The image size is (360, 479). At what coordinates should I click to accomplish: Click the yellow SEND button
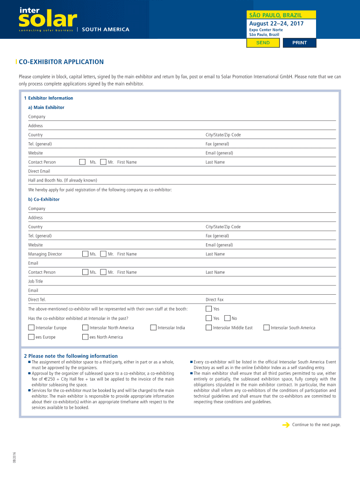pos(263,43)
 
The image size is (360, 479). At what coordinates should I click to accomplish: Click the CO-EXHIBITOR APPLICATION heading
pos(61,62)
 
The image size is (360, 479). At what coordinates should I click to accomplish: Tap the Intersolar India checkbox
pos(153,327)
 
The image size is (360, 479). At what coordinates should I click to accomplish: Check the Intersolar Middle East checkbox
pos(209,327)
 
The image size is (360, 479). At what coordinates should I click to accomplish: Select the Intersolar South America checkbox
pos(266,327)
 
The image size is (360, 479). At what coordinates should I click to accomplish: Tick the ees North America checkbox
pos(85,337)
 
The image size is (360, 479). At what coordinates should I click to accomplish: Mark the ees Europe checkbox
pos(31,337)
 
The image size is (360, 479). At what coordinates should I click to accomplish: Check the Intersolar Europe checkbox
pos(31,327)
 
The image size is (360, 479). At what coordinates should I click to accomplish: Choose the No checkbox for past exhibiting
pos(227,318)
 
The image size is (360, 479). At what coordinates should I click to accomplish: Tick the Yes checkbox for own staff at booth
pos(209,309)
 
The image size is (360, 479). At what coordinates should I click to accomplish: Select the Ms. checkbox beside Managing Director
pos(85,254)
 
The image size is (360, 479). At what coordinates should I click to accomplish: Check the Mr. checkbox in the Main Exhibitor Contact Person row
pos(103,162)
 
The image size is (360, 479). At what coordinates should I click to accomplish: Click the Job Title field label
pos(36,281)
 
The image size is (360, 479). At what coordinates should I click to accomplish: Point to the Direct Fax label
pos(215,299)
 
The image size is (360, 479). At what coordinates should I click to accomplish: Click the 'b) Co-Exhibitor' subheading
pos(43,199)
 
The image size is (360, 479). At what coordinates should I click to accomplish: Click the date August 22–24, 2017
pos(276,23)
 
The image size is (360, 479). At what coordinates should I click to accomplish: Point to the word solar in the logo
pos(47,20)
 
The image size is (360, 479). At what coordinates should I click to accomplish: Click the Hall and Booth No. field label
pos(63,180)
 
